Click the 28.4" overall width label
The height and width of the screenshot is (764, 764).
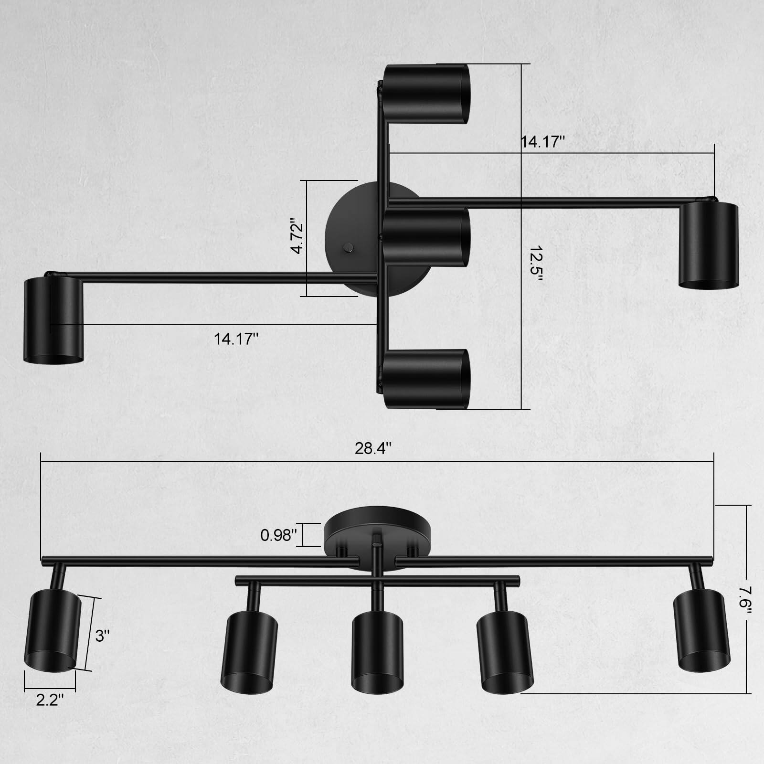pyautogui.click(x=373, y=449)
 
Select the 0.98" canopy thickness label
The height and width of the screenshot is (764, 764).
pyautogui.click(x=279, y=535)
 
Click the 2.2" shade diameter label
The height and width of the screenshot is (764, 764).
pyautogui.click(x=50, y=700)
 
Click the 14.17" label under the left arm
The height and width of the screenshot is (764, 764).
pyautogui.click(x=236, y=339)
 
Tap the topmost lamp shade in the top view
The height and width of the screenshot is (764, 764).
pyautogui.click(x=426, y=94)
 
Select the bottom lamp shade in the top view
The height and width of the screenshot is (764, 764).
pyautogui.click(x=426, y=379)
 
